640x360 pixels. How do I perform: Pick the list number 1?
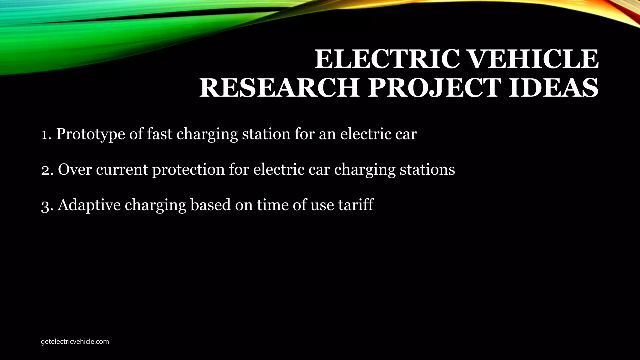point(46,134)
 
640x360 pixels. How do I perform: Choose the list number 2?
point(46,170)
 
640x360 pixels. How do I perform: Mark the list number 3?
point(46,205)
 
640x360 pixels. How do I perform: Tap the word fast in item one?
point(160,134)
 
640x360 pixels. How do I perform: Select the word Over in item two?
point(75,170)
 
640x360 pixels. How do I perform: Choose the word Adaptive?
point(89,205)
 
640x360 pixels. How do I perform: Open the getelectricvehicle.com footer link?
point(75,342)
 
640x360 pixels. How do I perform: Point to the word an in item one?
point(327,134)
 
